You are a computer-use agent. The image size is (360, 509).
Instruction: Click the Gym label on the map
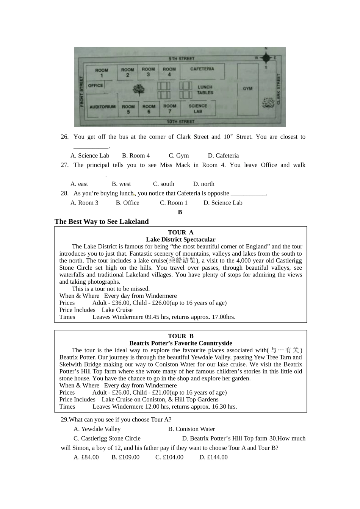pyautogui.click(x=247, y=89)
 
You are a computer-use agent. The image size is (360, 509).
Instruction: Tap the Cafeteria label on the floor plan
pyautogui.click(x=202, y=69)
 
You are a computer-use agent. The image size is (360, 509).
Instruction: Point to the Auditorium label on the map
pyautogui.click(x=102, y=107)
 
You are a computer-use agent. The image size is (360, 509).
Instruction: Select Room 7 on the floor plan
pyautogui.click(x=170, y=109)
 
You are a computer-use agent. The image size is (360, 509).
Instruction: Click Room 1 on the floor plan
pyautogui.click(x=101, y=73)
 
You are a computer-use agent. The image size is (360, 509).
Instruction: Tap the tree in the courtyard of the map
pyautogui.click(x=139, y=90)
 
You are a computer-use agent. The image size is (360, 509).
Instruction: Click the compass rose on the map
pyautogui.click(x=266, y=58)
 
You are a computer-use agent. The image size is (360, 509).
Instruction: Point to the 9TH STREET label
pyautogui.click(x=181, y=59)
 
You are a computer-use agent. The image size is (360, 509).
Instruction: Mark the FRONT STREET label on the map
pyautogui.click(x=81, y=91)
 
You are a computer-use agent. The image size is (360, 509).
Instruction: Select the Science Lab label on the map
pyautogui.click(x=198, y=109)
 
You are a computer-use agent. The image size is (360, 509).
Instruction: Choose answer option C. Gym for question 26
pyautogui.click(x=178, y=156)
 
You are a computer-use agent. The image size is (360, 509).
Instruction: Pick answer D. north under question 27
pyautogui.click(x=203, y=184)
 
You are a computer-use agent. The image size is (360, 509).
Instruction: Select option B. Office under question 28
pyautogui.click(x=127, y=203)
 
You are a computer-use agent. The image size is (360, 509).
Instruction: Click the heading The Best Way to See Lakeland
pyautogui.click(x=102, y=222)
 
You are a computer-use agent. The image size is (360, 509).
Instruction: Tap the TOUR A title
pyautogui.click(x=180, y=233)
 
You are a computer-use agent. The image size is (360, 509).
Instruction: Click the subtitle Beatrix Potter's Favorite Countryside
pyautogui.click(x=180, y=343)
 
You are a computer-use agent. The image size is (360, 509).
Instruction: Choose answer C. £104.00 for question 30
pyautogui.click(x=169, y=457)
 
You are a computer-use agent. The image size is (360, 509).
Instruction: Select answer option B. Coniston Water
pyautogui.click(x=191, y=429)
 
